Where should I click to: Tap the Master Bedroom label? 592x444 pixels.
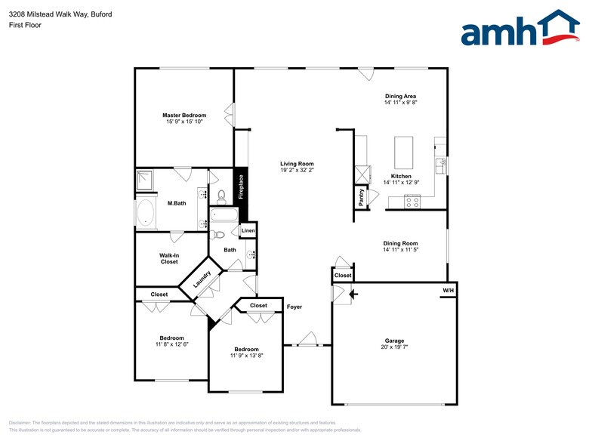[x=184, y=115]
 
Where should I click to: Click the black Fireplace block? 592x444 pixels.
[x=241, y=187]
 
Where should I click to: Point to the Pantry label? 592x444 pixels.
[x=361, y=197]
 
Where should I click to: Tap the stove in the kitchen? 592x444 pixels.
[x=412, y=201]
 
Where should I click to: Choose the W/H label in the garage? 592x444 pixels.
[x=449, y=291]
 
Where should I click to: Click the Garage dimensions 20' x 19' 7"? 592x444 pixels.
[x=394, y=347]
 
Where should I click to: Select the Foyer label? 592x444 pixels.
[x=294, y=307]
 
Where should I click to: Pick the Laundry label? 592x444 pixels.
[x=201, y=279]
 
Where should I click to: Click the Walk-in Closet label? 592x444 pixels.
[x=169, y=258]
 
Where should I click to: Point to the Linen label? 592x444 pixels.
[x=248, y=230]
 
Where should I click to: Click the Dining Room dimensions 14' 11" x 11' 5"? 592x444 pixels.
[x=400, y=249]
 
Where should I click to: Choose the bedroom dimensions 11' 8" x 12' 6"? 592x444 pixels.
[x=171, y=344]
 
